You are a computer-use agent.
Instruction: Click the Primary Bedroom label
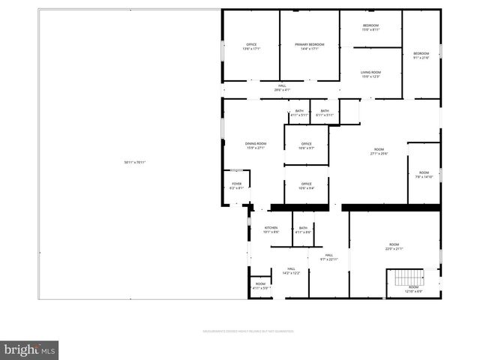click(x=310, y=46)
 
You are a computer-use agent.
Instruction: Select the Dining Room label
click(x=255, y=145)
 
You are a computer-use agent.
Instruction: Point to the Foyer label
click(x=236, y=185)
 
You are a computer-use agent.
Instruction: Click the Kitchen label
click(x=271, y=229)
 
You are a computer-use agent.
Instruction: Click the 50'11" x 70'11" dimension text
click(x=135, y=163)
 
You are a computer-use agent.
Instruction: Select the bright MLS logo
click(x=30, y=349)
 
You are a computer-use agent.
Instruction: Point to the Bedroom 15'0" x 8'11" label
click(x=370, y=27)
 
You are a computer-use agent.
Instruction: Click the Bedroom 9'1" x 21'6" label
click(x=421, y=55)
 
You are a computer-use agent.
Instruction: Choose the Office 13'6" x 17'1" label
click(x=251, y=46)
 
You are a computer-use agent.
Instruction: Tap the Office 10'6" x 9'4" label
click(x=306, y=185)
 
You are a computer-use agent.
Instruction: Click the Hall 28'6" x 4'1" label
click(x=282, y=88)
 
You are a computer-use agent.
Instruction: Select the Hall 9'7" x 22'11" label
click(x=329, y=257)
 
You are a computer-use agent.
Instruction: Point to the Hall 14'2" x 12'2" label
click(x=291, y=271)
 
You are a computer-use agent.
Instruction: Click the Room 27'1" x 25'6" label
click(x=379, y=151)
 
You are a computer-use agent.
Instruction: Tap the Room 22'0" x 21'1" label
click(x=394, y=247)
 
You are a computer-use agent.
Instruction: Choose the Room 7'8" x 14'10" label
click(x=424, y=175)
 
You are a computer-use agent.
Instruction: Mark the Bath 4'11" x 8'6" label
click(x=303, y=230)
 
